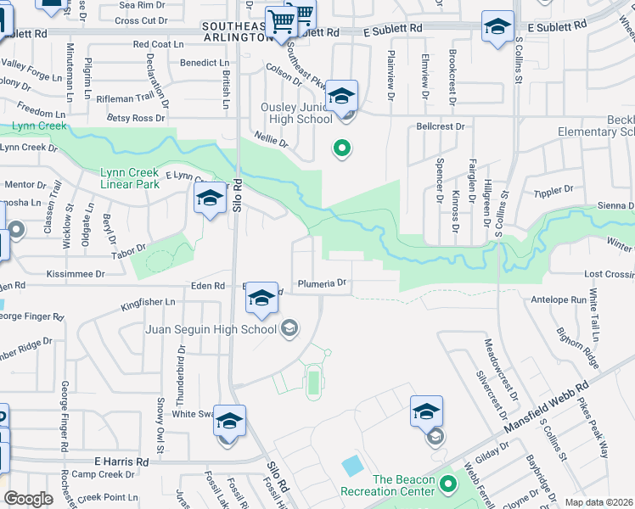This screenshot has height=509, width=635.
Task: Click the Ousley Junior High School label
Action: point(296,113)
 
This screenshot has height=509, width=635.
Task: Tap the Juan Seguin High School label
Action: point(211,329)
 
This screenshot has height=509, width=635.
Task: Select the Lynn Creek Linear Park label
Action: point(130,177)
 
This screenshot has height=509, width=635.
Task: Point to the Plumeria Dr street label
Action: point(322,283)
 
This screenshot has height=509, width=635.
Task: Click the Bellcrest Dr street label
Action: point(441,126)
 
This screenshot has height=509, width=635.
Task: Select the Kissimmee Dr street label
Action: point(76,274)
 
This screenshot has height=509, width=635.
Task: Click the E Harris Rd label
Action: point(121,461)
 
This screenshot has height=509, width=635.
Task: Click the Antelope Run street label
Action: point(559,299)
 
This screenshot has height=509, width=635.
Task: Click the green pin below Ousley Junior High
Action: point(342,149)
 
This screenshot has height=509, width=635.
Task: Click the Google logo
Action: point(28,499)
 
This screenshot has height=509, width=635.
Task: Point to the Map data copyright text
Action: point(599,502)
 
